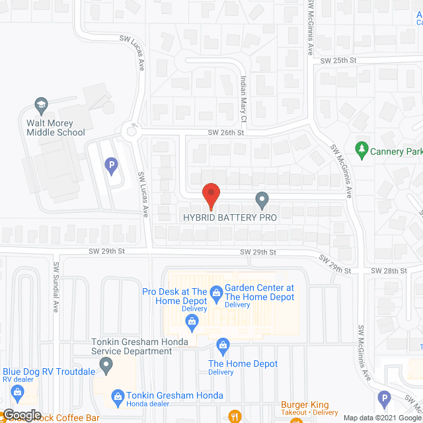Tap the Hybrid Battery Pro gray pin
tap(262, 199)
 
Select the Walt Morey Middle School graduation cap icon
tap(40, 105)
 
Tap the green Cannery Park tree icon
tap(361, 150)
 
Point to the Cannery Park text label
tap(396, 152)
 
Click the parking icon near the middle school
tap(111, 165)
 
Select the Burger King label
tap(305, 404)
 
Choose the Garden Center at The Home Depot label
tap(259, 292)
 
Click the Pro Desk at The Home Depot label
tap(175, 295)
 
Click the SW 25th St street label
tap(338, 60)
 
